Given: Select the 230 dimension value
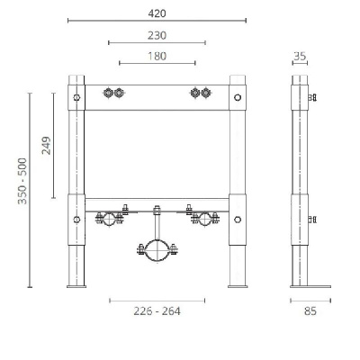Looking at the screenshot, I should (157, 36).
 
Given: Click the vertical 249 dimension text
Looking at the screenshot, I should (45, 144).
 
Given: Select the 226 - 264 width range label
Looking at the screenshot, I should (157, 311).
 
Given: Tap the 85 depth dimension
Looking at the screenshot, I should (310, 311).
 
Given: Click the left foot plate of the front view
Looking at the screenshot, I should (77, 285).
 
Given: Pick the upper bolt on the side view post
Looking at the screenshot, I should (311, 96).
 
